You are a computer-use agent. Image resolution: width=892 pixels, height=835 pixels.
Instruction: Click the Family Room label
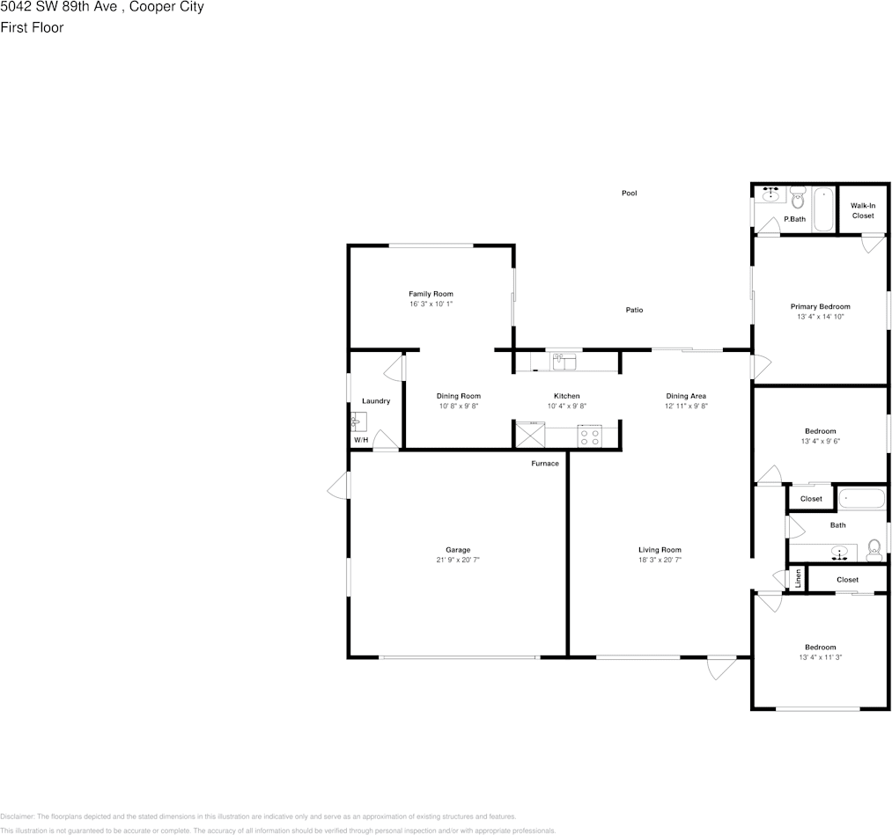[x=431, y=294]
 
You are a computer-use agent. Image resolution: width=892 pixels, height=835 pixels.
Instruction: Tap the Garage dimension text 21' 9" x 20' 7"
[x=457, y=560]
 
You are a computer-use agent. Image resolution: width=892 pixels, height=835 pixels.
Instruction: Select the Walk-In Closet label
[x=862, y=210]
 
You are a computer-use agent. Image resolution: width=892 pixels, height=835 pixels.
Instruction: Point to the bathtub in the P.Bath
[x=822, y=209]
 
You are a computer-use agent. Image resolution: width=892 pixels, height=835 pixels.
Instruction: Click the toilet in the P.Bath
[x=797, y=197]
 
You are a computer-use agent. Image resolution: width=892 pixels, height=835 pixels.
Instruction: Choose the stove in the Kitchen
[x=589, y=435]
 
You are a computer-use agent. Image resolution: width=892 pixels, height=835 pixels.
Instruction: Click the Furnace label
[x=544, y=464]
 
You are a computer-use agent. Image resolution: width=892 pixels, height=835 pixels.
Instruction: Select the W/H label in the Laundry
[x=360, y=439]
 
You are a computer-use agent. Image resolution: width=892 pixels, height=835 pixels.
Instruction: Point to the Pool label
[x=629, y=193]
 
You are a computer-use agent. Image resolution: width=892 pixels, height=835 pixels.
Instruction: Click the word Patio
[x=634, y=310]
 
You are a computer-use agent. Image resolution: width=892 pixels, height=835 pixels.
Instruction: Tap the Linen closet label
[x=798, y=579]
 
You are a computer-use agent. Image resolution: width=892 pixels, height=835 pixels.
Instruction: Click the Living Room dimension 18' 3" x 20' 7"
[x=660, y=560]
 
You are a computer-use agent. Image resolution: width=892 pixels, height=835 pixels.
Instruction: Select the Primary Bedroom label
[x=820, y=306]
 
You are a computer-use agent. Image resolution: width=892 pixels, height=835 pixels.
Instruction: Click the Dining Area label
[x=686, y=396]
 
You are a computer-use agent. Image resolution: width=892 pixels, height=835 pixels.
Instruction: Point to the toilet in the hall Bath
[x=874, y=550]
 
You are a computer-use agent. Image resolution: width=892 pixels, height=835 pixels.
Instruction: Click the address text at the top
[x=102, y=8]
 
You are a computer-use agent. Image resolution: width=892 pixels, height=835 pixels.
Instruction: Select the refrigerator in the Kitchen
[x=530, y=434]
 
